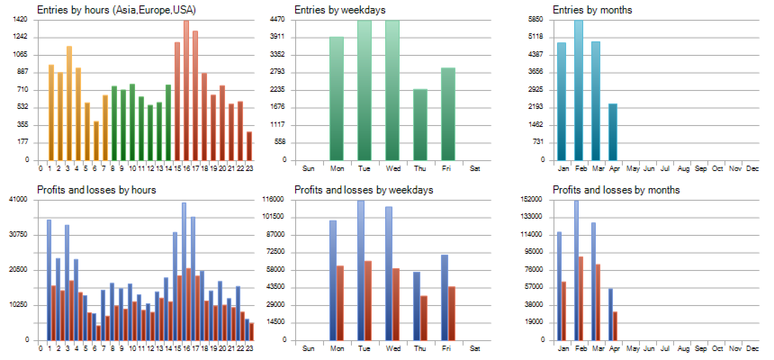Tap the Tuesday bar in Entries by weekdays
364,90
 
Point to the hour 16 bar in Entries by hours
186,90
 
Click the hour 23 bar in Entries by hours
249,146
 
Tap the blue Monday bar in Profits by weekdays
333,280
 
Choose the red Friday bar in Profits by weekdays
452,313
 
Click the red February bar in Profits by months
581,298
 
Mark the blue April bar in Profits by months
610,314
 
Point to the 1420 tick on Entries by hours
21,19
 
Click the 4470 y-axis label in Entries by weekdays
277,19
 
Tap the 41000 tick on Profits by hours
19,199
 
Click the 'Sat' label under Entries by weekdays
475,168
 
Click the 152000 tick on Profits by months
532,199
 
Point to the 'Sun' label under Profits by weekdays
308,348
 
